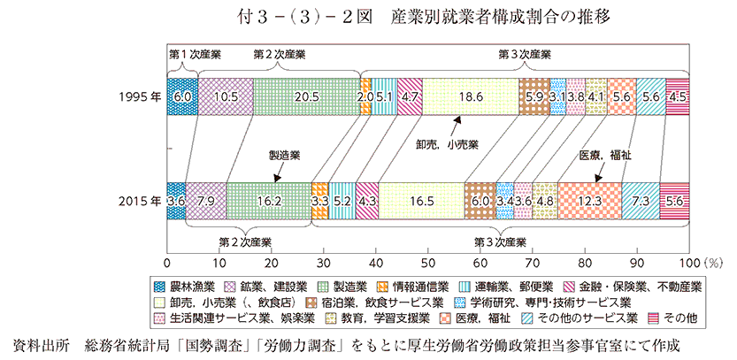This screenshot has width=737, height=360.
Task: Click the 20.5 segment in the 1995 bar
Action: (x=306, y=96)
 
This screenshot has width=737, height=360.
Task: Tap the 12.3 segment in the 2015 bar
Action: (x=589, y=200)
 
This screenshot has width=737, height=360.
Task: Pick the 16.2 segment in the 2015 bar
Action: (x=269, y=200)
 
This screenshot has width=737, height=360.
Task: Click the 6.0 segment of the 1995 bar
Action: (x=182, y=96)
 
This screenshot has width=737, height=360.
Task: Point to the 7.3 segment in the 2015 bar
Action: (x=641, y=200)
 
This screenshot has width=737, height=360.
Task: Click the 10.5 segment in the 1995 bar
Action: (x=225, y=96)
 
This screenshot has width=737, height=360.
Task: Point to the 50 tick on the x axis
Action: (x=428, y=263)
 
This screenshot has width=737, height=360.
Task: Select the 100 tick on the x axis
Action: (x=689, y=263)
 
